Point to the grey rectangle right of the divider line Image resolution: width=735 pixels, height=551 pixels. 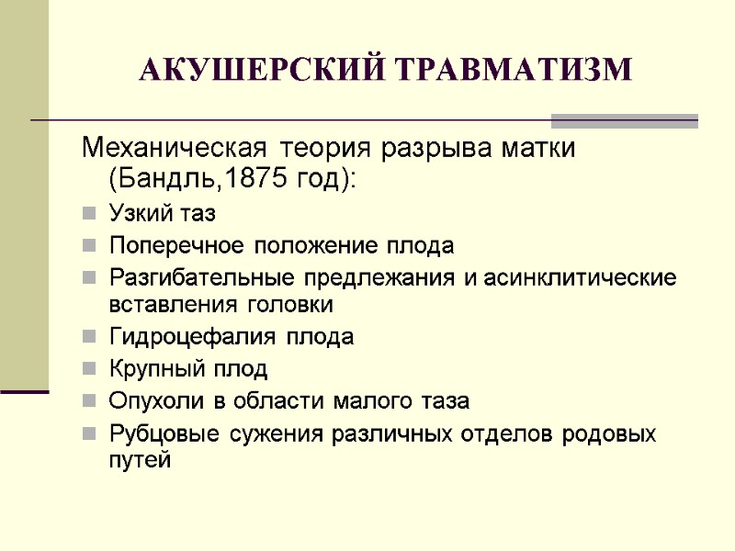[x=624, y=120]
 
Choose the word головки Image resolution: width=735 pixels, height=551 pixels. [x=292, y=304]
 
